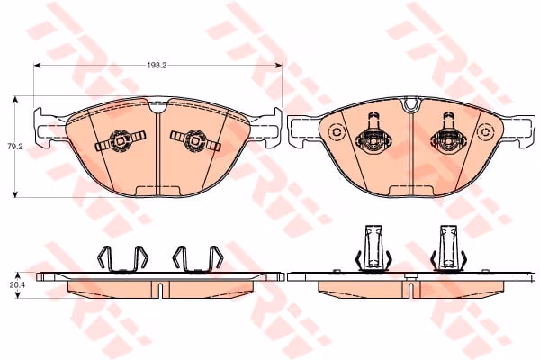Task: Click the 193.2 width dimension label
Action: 157,66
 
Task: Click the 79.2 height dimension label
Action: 14,147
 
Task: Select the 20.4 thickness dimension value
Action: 13,285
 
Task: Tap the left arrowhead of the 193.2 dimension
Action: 38,65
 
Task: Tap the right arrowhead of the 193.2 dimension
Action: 279,65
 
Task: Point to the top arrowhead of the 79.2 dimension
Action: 14,100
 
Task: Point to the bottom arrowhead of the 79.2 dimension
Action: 14,194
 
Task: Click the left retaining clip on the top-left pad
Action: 121,140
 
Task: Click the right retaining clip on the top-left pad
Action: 195,140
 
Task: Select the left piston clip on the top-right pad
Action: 373,134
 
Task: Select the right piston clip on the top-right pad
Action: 448,134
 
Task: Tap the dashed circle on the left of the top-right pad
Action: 337,132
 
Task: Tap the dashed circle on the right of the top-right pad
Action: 485,132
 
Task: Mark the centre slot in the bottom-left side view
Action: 159,289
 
